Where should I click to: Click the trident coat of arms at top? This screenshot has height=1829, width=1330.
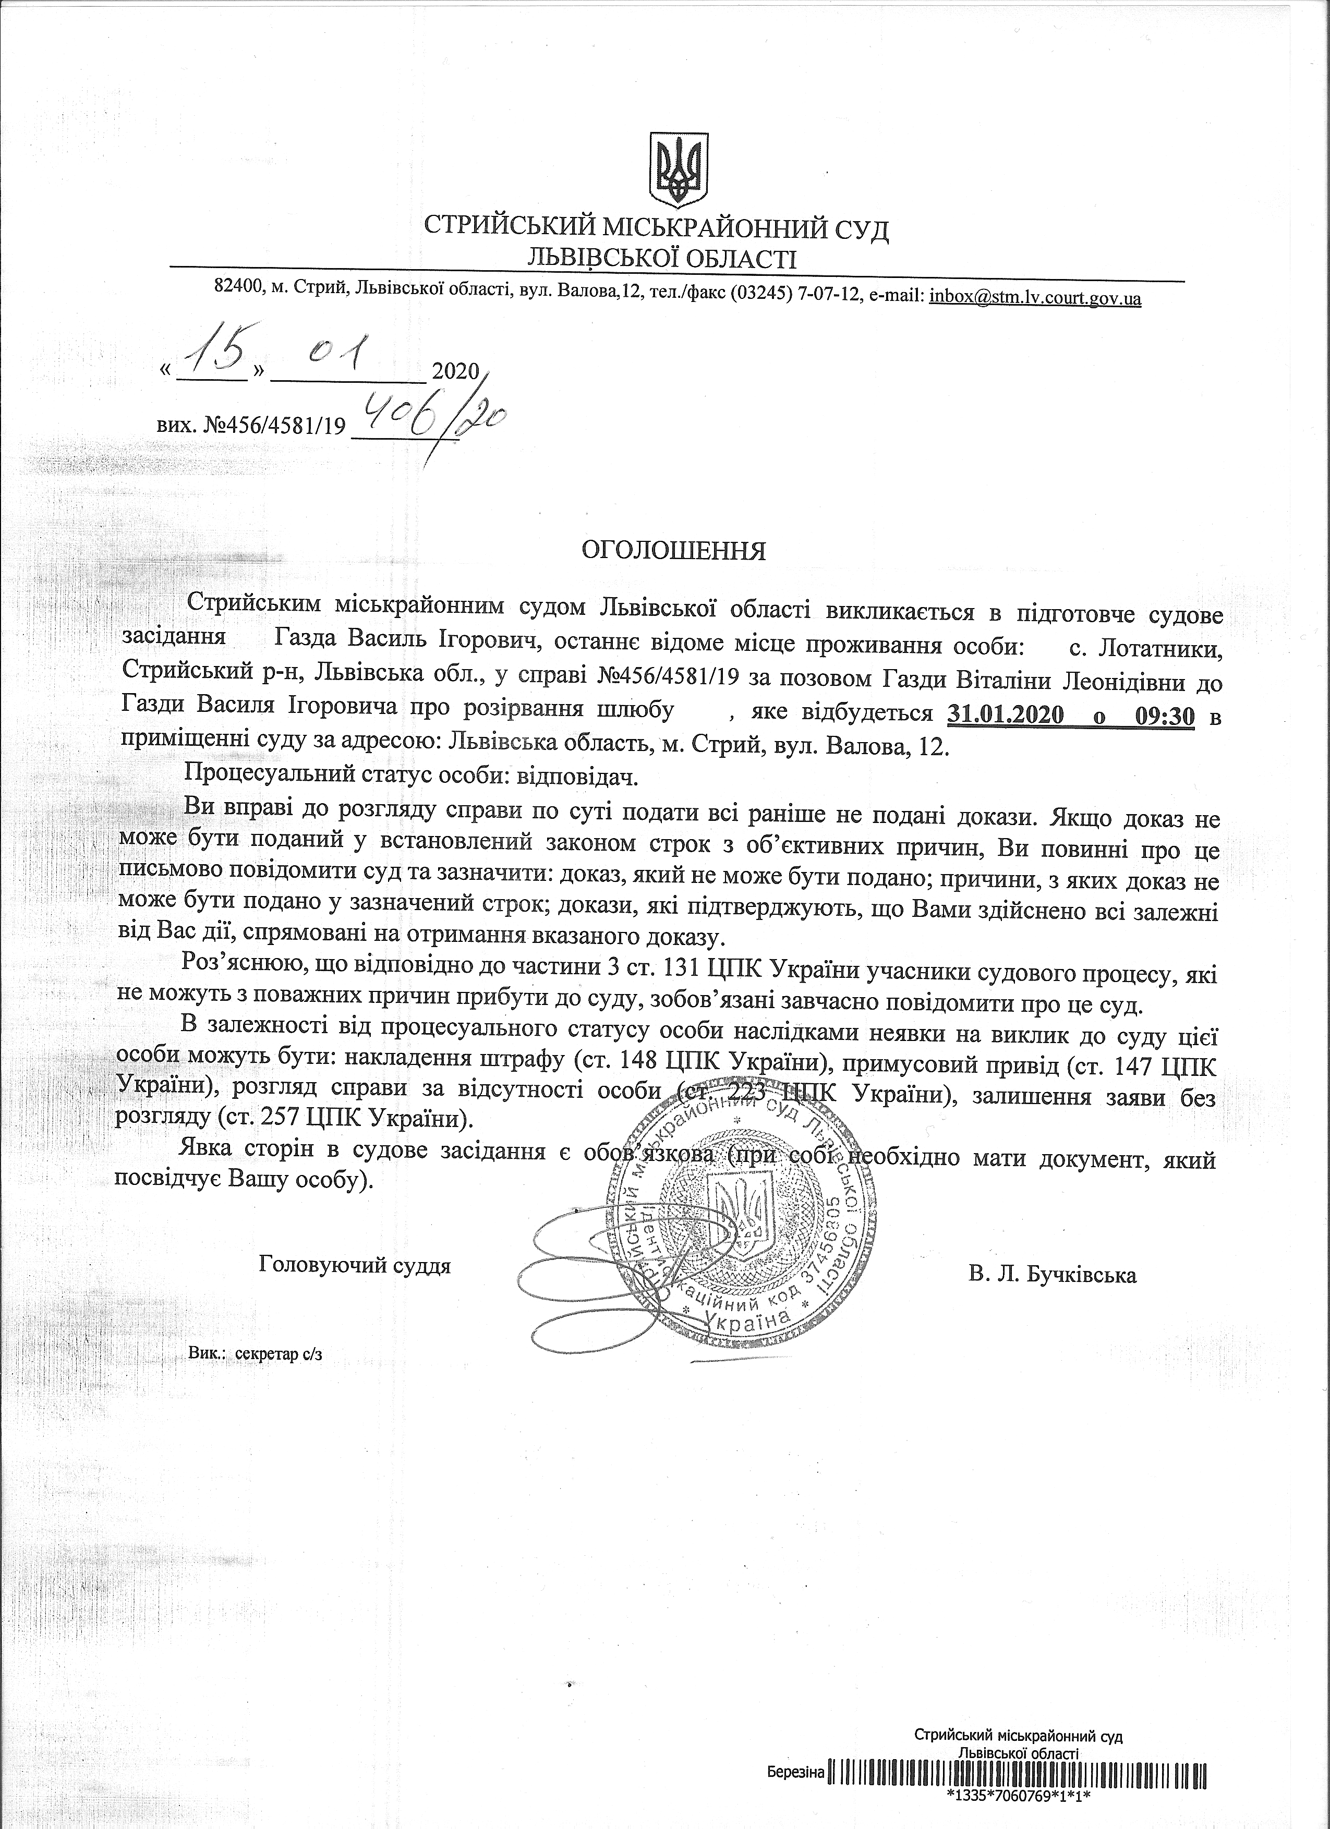point(680,170)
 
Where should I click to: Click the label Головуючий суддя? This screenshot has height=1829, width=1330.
point(355,1265)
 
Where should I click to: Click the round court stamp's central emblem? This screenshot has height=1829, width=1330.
point(739,1214)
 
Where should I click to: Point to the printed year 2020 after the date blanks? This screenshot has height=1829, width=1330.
point(456,372)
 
